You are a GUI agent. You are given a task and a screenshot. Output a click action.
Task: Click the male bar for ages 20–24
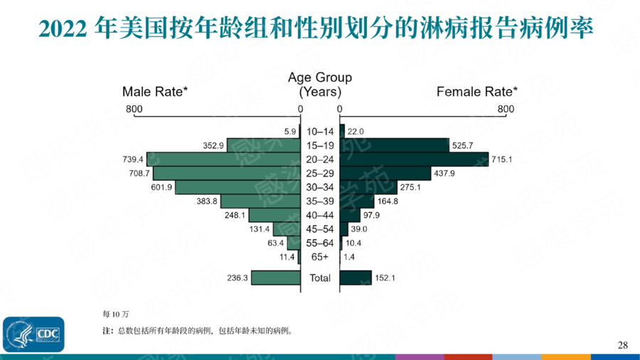click(x=223, y=159)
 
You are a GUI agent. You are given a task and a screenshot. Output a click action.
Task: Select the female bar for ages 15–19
click(x=395, y=145)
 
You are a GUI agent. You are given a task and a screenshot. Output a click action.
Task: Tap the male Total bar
click(x=276, y=277)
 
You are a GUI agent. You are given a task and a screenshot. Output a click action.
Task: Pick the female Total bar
click(x=356, y=277)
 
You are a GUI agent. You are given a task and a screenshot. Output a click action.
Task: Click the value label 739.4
click(x=133, y=159)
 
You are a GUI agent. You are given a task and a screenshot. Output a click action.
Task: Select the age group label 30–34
click(x=320, y=187)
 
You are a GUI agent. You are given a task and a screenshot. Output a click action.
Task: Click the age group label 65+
click(x=320, y=256)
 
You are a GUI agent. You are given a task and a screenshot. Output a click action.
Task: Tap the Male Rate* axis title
click(x=155, y=91)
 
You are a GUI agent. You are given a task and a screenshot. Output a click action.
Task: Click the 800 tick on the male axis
click(x=134, y=109)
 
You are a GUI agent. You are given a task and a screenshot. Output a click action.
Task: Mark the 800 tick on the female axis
click(x=506, y=109)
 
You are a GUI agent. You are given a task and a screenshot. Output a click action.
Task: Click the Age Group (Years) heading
click(x=320, y=85)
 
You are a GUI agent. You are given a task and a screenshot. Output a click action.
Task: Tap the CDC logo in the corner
click(x=33, y=334)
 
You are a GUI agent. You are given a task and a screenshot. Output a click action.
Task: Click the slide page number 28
click(x=623, y=345)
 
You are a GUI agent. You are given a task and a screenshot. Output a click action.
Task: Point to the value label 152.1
click(x=385, y=277)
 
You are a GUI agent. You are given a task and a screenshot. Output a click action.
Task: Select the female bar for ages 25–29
click(x=385, y=173)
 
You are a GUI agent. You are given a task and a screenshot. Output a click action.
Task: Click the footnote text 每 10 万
click(x=115, y=313)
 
